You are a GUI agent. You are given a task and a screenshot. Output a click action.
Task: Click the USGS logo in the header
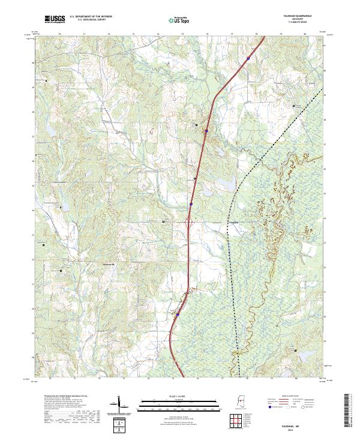click(x=55, y=20)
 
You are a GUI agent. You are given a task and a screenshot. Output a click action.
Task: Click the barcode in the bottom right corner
click(x=347, y=412)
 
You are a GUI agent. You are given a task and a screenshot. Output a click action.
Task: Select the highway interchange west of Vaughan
click(x=188, y=223)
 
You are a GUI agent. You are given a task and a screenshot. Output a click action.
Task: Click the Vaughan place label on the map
click(x=235, y=221)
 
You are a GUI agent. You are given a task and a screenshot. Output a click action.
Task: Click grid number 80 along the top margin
click(x=305, y=35)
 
